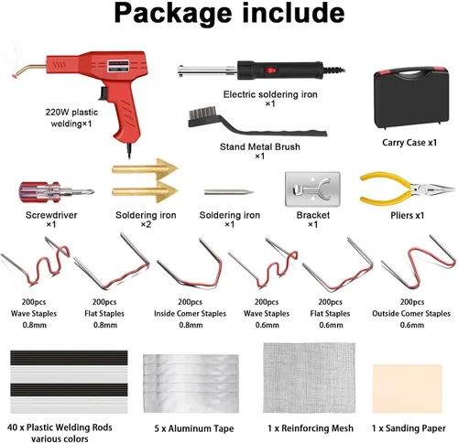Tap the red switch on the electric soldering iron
[x=270, y=70]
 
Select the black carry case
[x=411, y=98]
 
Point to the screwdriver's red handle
[x=39, y=193]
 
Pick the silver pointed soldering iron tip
[x=229, y=192]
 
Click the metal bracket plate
[x=312, y=189]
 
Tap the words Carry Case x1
[x=409, y=143]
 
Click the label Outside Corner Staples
[x=411, y=313]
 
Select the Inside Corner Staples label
[x=190, y=313]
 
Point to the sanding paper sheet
[x=408, y=389]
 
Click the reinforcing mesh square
[x=309, y=378]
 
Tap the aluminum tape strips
[x=191, y=384]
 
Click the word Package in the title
[x=173, y=14]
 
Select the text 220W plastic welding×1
[x=71, y=118]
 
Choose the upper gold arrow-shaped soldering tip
[x=145, y=168]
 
